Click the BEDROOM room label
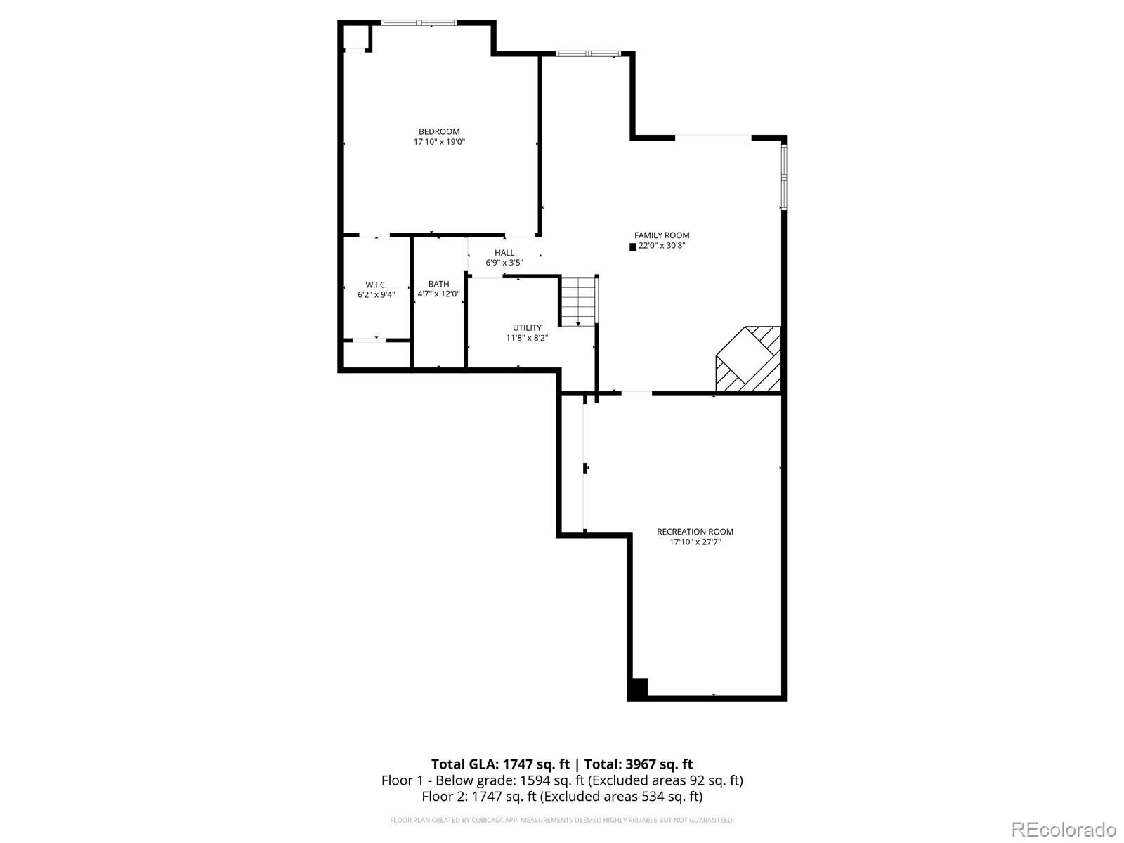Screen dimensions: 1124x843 pos(439,131)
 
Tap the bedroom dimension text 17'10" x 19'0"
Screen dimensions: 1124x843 pos(439,142)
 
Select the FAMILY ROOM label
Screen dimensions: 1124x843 pos(662,235)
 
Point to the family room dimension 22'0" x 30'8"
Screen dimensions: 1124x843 pos(662,246)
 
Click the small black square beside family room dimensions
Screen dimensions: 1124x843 pos(633,247)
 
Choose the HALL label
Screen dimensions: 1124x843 pos(504,253)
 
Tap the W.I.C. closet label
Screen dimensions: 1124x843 pos(377,285)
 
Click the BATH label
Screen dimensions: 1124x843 pos(439,284)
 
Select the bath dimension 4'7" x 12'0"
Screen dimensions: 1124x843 pos(439,294)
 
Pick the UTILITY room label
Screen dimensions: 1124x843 pos(527,327)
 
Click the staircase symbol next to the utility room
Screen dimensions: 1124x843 pos(579,301)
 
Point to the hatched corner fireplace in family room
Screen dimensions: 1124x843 pos(748,360)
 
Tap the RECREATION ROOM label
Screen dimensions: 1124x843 pos(695,532)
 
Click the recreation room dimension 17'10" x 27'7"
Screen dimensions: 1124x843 pos(695,542)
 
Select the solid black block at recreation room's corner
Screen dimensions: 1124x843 pos(638,689)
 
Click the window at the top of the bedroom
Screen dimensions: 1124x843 pos(419,22)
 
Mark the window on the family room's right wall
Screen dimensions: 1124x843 pos(783,176)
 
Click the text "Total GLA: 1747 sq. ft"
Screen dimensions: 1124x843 pos(500,764)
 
